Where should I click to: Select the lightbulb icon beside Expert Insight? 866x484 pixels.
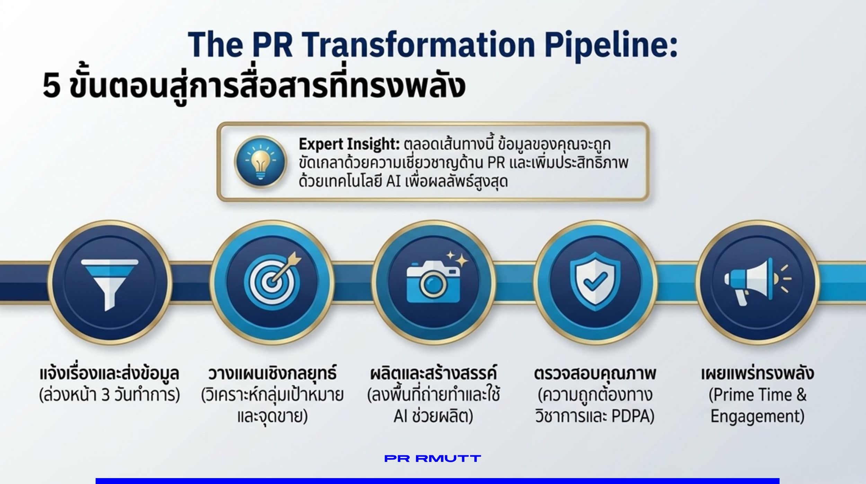[x=260, y=162]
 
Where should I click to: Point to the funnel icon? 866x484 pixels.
[x=109, y=283]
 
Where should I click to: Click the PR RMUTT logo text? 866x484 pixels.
[x=433, y=459]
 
